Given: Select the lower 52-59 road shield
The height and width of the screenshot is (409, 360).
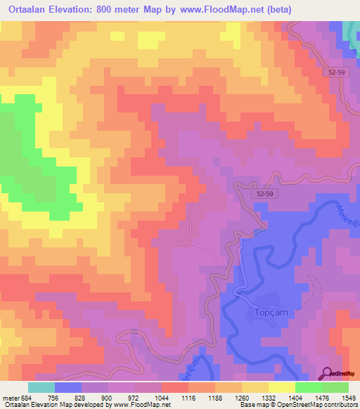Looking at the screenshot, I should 264,193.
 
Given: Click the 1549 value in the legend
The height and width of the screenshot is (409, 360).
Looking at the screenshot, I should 349,397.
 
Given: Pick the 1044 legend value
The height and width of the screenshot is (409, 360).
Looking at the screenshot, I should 162,397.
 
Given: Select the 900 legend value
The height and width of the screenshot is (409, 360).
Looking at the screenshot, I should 109,397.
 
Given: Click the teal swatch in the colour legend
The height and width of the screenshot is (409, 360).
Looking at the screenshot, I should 41,387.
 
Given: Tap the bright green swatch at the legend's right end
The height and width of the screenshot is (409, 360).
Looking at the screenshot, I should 335,387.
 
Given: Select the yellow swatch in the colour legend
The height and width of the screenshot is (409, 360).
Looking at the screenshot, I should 282,387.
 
